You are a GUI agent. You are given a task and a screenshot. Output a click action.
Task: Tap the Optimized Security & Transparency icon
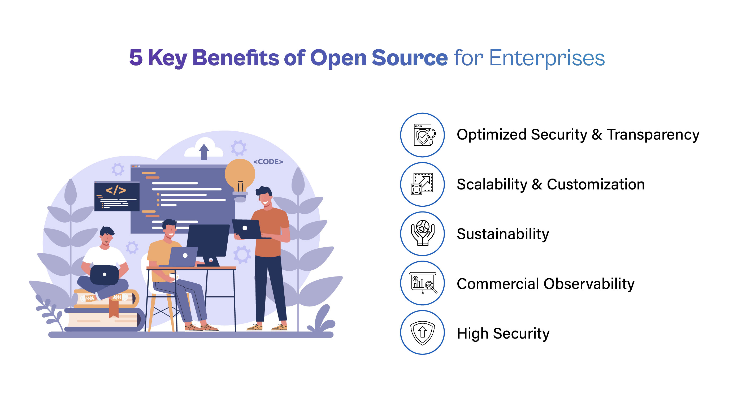pyautogui.click(x=422, y=135)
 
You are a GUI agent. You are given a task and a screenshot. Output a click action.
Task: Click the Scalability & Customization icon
pyautogui.click(x=422, y=184)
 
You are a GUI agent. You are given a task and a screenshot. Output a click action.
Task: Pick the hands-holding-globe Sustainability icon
pyautogui.click(x=422, y=233)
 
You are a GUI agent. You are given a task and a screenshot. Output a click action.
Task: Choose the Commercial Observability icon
pyautogui.click(x=422, y=283)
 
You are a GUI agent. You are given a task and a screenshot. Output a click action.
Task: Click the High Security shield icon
pyautogui.click(x=422, y=332)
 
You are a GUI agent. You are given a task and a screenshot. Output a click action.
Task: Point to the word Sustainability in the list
pyautogui.click(x=503, y=234)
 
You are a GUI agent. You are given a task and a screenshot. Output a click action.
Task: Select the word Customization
pyautogui.click(x=596, y=185)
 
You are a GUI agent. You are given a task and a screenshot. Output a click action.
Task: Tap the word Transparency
pyautogui.click(x=653, y=135)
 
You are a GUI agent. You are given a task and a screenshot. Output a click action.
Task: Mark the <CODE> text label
pyautogui.click(x=268, y=162)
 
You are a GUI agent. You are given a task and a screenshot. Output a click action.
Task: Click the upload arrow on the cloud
pyautogui.click(x=204, y=151)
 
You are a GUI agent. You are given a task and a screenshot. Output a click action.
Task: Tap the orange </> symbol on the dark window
pyautogui.click(x=116, y=190)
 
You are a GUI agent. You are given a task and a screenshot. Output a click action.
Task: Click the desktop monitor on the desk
pyautogui.click(x=208, y=240)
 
